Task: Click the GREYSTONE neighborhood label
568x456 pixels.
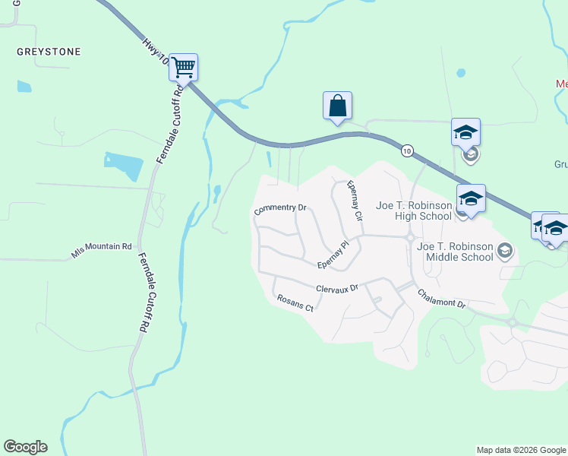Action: (x=49, y=52)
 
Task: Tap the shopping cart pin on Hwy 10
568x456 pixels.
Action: (x=183, y=68)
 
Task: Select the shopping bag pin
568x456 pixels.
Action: (x=337, y=106)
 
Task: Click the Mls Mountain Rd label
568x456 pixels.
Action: (x=102, y=252)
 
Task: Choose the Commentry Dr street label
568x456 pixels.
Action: (x=280, y=208)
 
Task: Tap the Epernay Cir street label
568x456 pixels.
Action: (x=354, y=201)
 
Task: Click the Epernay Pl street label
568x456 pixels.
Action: (x=333, y=255)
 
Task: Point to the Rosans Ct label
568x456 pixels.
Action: (x=295, y=304)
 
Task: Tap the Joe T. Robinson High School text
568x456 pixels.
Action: (x=414, y=211)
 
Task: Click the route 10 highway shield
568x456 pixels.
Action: (x=408, y=151)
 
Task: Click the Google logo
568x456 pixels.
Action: (x=25, y=447)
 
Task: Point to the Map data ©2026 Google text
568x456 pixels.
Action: (x=520, y=450)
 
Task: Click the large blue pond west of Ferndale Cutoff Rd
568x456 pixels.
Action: (x=124, y=165)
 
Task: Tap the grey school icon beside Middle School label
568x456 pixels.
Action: (x=505, y=250)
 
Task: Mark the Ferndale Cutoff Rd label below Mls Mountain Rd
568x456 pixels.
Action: (x=142, y=293)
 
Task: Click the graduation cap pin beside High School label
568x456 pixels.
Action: (x=471, y=200)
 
